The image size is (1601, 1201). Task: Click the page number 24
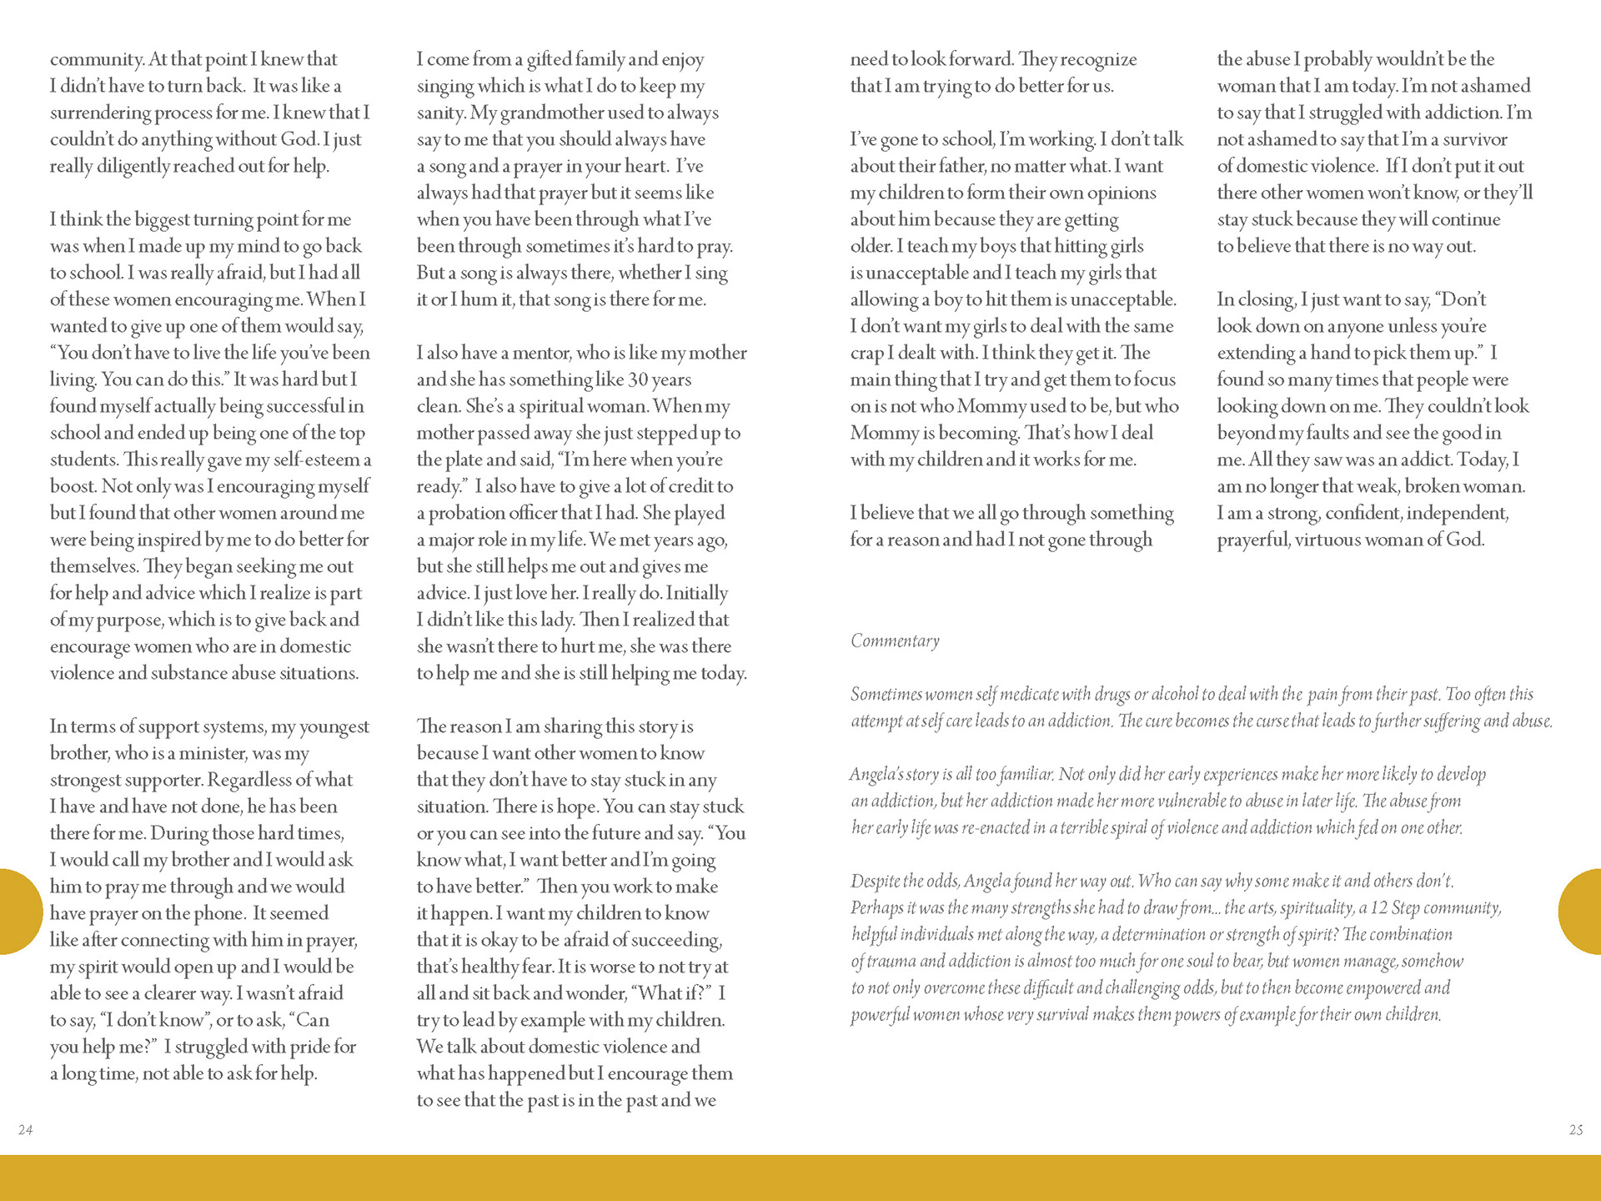pos(26,1130)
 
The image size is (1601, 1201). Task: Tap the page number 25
pos(1575,1130)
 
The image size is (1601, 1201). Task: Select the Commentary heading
pos(895,641)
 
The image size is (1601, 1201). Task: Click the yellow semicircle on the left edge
pos(18,911)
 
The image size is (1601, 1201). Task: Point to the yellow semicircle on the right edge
pos(1582,911)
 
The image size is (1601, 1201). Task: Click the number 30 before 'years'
pos(638,379)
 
